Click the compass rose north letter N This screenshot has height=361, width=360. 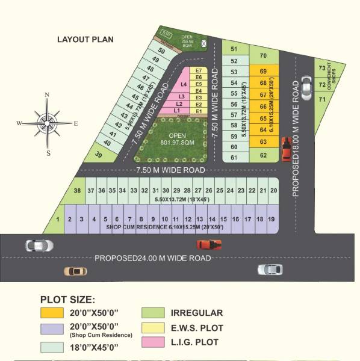click(46, 95)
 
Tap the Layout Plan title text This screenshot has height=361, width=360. click(85, 40)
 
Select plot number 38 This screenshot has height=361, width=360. click(77, 191)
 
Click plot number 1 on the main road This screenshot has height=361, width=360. click(58, 220)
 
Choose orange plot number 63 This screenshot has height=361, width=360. click(263, 141)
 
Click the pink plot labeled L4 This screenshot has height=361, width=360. click(184, 84)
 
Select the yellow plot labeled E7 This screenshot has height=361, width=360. click(199, 71)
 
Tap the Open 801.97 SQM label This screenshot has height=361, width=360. click(177, 139)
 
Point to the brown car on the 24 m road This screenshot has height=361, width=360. click(76, 271)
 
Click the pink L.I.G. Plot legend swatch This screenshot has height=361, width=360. click(151, 342)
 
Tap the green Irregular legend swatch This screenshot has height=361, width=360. click(151, 313)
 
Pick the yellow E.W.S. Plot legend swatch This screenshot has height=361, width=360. click(151, 328)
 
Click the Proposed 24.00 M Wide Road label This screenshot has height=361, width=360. click(153, 258)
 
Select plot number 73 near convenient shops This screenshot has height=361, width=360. click(321, 68)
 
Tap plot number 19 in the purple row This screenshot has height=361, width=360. click(272, 220)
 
